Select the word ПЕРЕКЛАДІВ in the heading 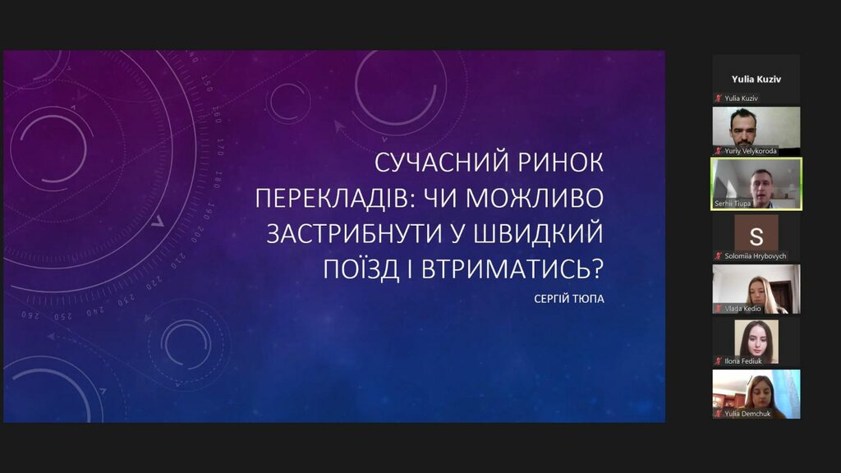click(x=334, y=199)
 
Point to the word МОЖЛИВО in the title click(x=534, y=199)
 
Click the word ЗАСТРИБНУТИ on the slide click(x=353, y=234)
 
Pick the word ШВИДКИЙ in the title click(x=540, y=234)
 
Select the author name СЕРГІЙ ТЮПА click(x=569, y=299)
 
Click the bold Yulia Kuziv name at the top click(x=756, y=80)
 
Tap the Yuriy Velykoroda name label click(x=751, y=151)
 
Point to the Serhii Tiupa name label click(x=733, y=204)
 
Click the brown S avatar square click(x=756, y=232)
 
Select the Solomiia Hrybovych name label click(x=756, y=256)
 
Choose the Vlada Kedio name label click(x=742, y=309)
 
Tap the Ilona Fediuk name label click(x=742, y=361)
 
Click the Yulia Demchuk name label click(x=747, y=414)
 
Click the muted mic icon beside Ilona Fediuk click(x=718, y=361)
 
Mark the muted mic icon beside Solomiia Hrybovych click(x=718, y=256)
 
